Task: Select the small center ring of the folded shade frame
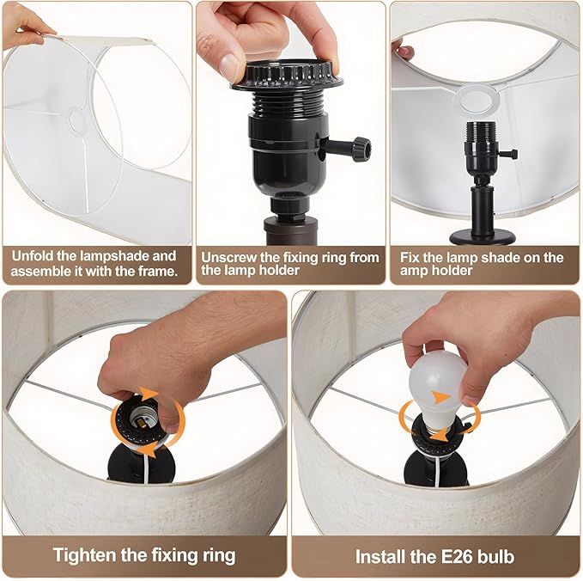pos(77,121)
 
